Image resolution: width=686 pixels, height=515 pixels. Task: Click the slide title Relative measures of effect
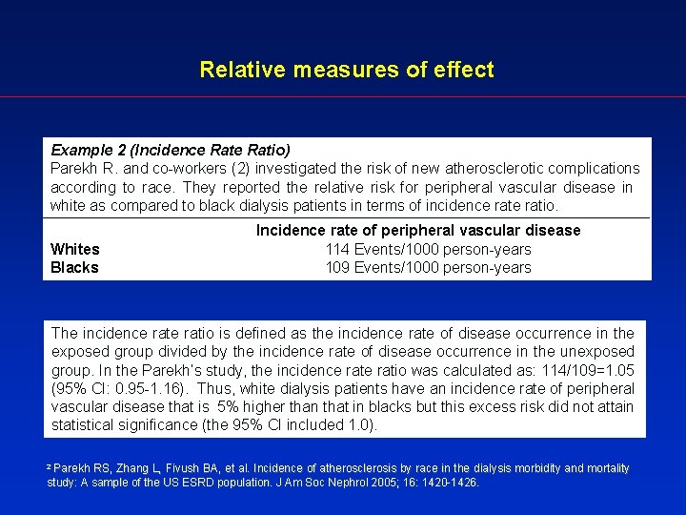click(x=347, y=70)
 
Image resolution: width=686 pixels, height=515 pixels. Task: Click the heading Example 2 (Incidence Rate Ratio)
click(x=170, y=150)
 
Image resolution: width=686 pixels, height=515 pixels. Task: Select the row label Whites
click(x=74, y=249)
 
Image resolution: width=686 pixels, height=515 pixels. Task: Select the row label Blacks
click(x=74, y=267)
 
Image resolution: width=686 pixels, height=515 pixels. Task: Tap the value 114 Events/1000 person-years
click(x=428, y=249)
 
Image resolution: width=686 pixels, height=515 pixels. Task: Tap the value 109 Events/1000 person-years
click(x=428, y=267)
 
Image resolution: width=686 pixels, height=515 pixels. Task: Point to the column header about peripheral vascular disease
click(x=418, y=230)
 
